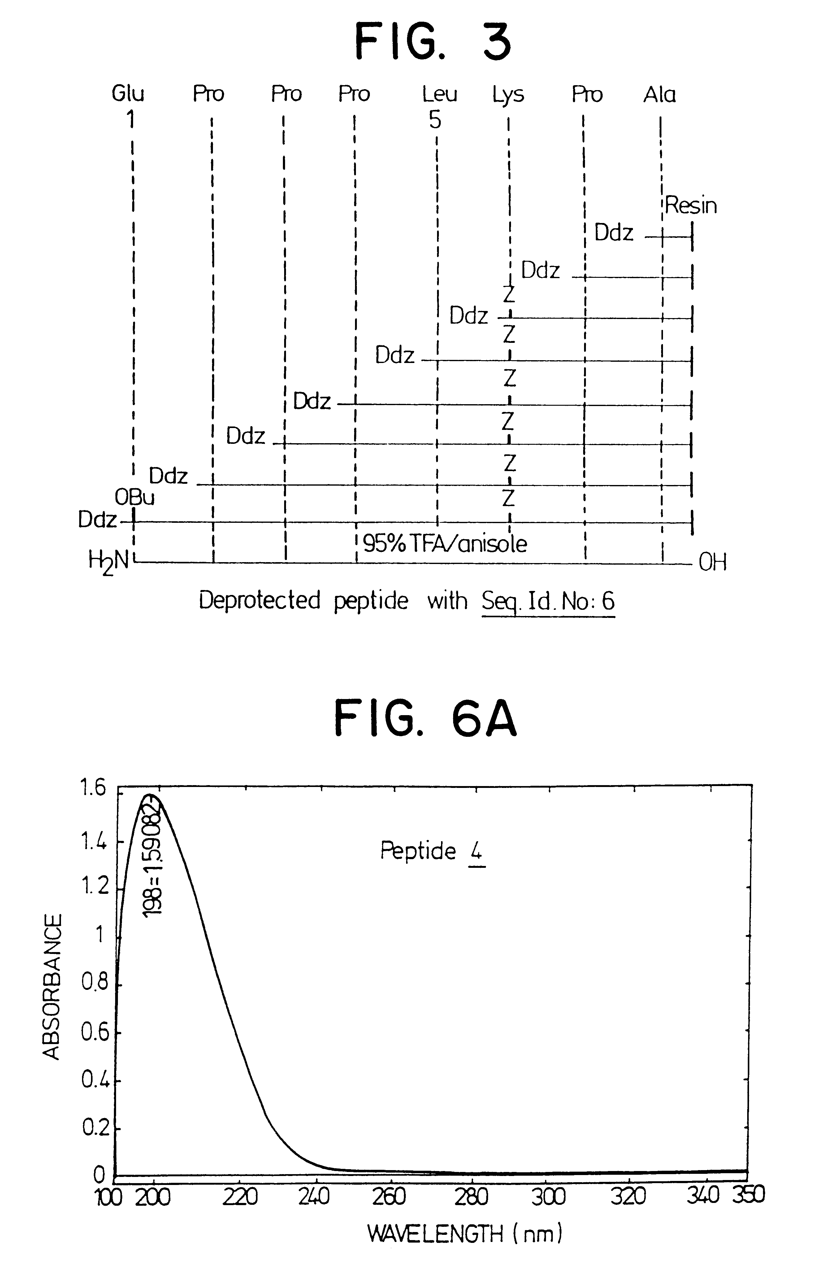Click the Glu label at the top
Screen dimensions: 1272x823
pyautogui.click(x=128, y=94)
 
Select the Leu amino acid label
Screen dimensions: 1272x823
pyautogui.click(x=440, y=94)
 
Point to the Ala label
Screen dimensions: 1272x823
pyautogui.click(x=660, y=94)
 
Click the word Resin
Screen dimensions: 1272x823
pyautogui.click(x=691, y=206)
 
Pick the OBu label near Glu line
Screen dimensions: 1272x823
pyautogui.click(x=135, y=498)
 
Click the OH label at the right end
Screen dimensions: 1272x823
pyautogui.click(x=713, y=562)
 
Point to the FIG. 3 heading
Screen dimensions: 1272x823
pyautogui.click(x=433, y=42)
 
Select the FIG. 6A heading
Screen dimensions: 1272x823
pyautogui.click(x=426, y=719)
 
